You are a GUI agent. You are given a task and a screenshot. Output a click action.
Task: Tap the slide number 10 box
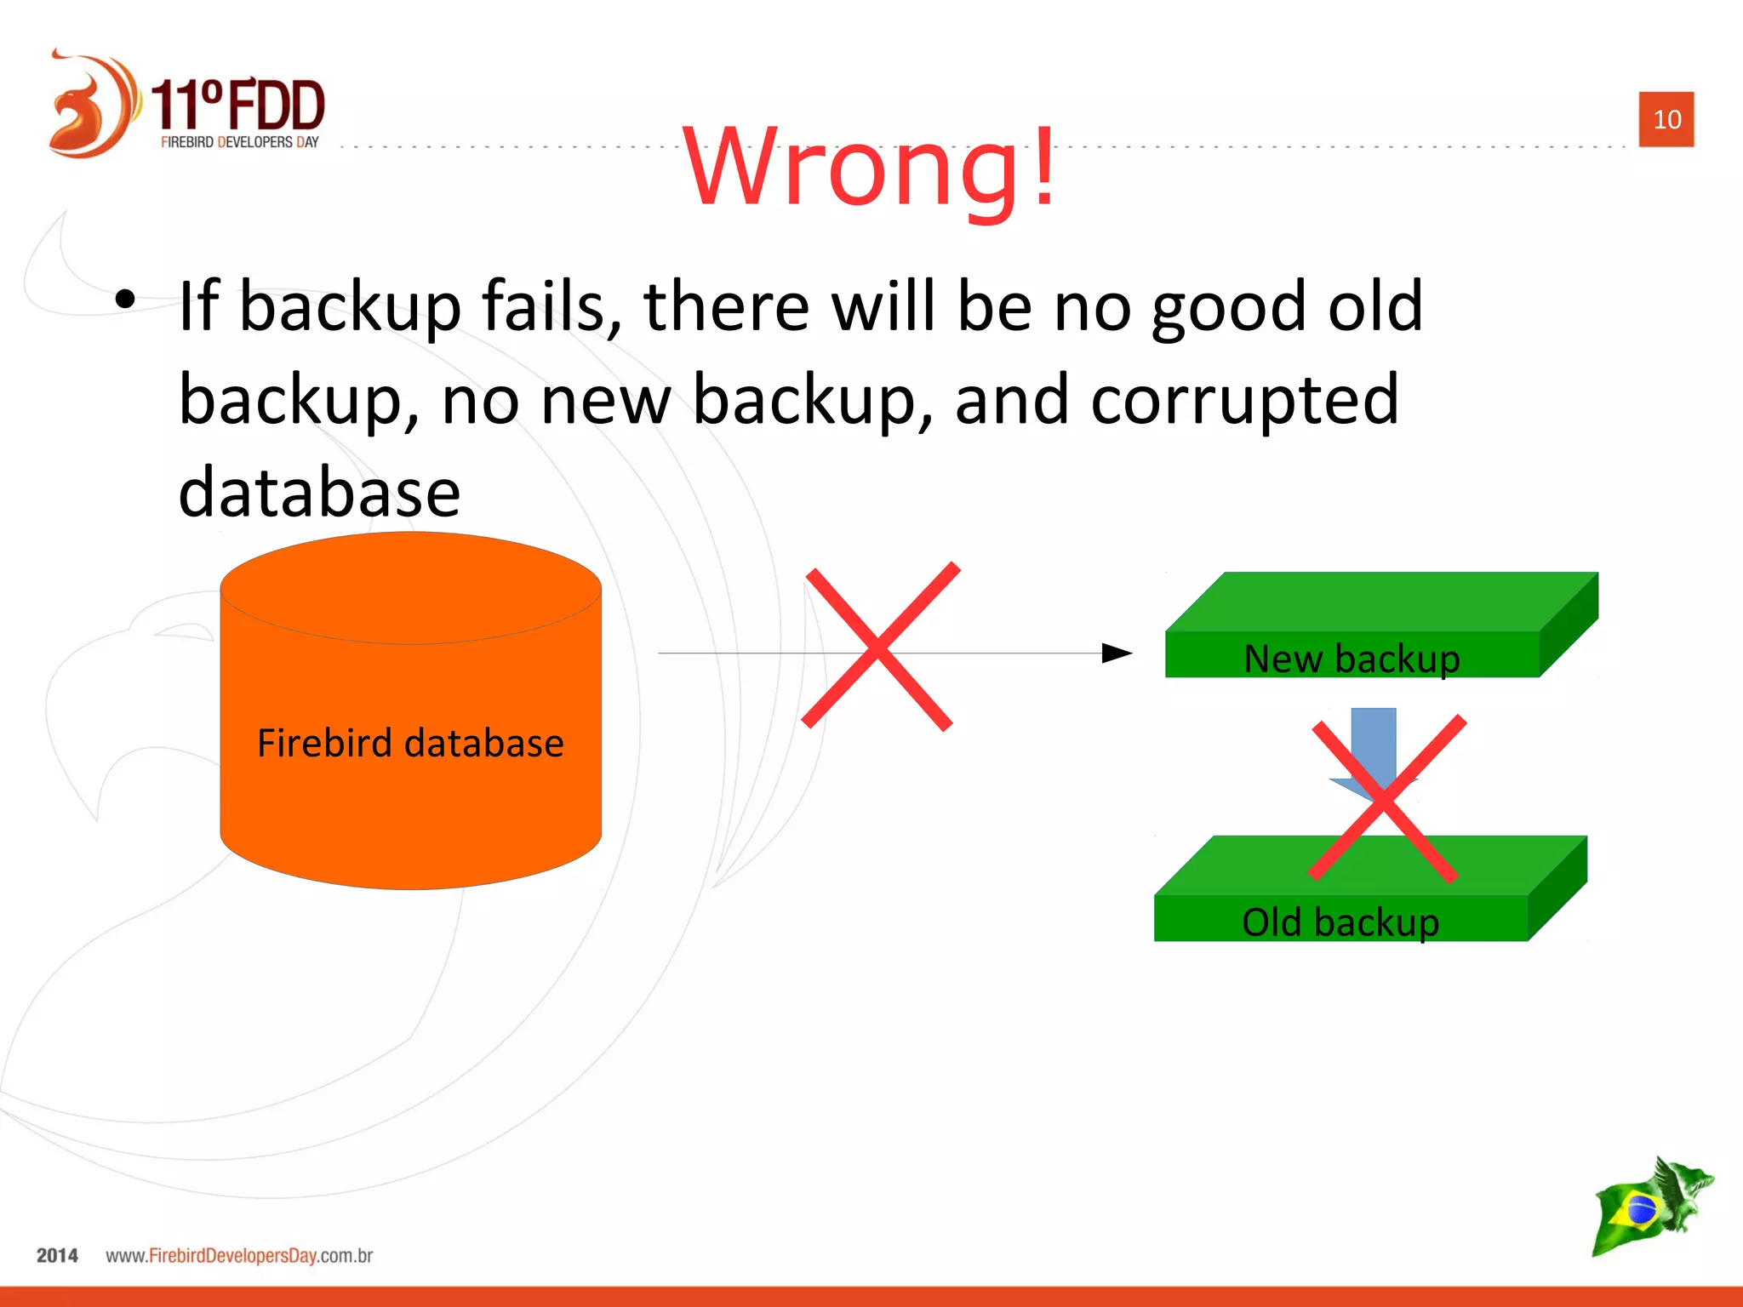coord(1666,119)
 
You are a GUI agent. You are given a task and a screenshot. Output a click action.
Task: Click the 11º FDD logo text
coord(238,106)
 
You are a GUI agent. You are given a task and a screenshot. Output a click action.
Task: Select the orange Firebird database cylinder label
coord(410,743)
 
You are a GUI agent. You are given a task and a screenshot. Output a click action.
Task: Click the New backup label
coord(1352,659)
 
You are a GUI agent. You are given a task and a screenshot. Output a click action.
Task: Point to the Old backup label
coord(1340,922)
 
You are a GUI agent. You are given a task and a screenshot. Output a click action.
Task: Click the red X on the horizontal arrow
coord(880,647)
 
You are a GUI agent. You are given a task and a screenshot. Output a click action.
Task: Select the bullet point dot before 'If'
coord(125,299)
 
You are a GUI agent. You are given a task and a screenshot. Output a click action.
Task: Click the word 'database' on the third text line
coord(319,493)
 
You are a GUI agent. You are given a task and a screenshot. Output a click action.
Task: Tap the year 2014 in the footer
coord(57,1255)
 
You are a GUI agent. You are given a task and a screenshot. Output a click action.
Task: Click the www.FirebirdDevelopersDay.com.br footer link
coord(239,1255)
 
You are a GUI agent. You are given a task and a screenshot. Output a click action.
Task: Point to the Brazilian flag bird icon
coord(1651,1207)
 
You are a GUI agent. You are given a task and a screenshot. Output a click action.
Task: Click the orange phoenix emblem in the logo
coord(89,106)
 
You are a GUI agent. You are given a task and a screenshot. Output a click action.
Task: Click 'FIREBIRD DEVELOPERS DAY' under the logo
coord(239,142)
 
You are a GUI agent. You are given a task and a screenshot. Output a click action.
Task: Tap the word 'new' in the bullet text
coord(605,399)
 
